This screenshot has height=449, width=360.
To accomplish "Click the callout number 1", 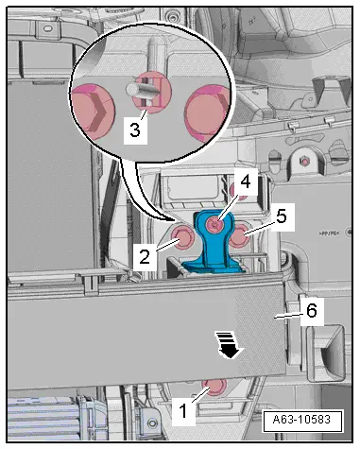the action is coord(183,411).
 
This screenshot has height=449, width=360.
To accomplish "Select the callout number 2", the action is coord(145,257).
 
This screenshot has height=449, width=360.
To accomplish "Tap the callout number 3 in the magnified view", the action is coord(135,130).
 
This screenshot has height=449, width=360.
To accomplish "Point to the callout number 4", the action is coord(245,182).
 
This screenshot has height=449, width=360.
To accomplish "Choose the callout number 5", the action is coord(282,216).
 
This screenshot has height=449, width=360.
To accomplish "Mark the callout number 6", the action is coord(312,311).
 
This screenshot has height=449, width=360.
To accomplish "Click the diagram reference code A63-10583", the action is coord(301,420).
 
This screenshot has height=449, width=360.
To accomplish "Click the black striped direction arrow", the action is coord(229,345).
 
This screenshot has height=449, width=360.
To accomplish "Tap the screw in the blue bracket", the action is coord(215,225).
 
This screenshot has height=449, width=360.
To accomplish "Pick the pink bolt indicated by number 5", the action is coord(240,236).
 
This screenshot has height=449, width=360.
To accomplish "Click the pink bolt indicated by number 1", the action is coord(214,387).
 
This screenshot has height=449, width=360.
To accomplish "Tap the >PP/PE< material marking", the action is coord(329,233).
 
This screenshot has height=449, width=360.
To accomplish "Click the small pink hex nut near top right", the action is coord(304,162).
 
